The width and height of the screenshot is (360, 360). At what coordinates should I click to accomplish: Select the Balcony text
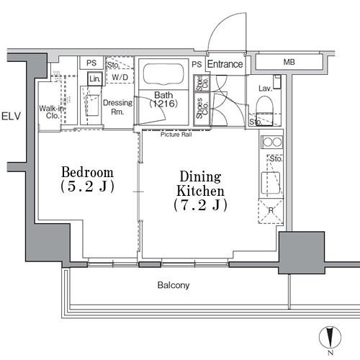point(174,285)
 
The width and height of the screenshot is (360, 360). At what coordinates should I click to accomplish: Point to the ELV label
point(11,116)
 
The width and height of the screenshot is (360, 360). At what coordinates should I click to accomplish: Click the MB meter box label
point(289,62)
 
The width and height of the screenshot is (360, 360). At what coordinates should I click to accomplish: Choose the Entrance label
point(225,64)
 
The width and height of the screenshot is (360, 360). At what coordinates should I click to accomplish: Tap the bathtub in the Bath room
point(163,74)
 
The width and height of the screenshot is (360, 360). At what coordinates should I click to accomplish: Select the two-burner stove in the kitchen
point(272,142)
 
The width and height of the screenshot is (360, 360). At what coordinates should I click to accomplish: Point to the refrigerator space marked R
point(271,211)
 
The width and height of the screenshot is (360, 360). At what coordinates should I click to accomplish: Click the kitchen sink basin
point(271,183)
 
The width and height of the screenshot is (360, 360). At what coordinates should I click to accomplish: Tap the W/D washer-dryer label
point(120,77)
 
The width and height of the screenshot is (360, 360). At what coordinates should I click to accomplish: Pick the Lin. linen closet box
point(95,78)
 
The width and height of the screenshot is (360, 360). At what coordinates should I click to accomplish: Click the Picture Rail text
point(176,135)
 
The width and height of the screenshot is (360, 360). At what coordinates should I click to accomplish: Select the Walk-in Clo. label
point(51,112)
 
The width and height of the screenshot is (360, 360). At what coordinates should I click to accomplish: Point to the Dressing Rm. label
point(117,107)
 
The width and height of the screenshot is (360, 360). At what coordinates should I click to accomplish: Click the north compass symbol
point(330,337)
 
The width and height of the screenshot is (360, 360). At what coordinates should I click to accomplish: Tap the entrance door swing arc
point(219,24)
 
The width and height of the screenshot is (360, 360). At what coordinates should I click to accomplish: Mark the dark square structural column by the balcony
point(302,253)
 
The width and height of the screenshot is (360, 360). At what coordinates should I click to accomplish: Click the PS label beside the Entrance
point(197,64)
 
